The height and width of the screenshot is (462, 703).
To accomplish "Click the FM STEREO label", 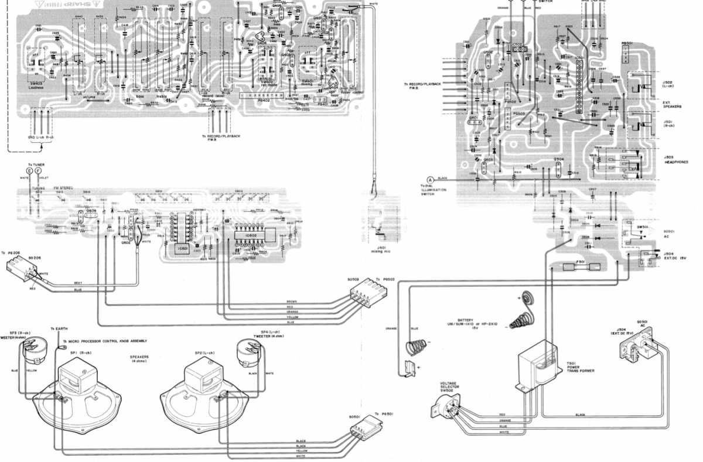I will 64,188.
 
